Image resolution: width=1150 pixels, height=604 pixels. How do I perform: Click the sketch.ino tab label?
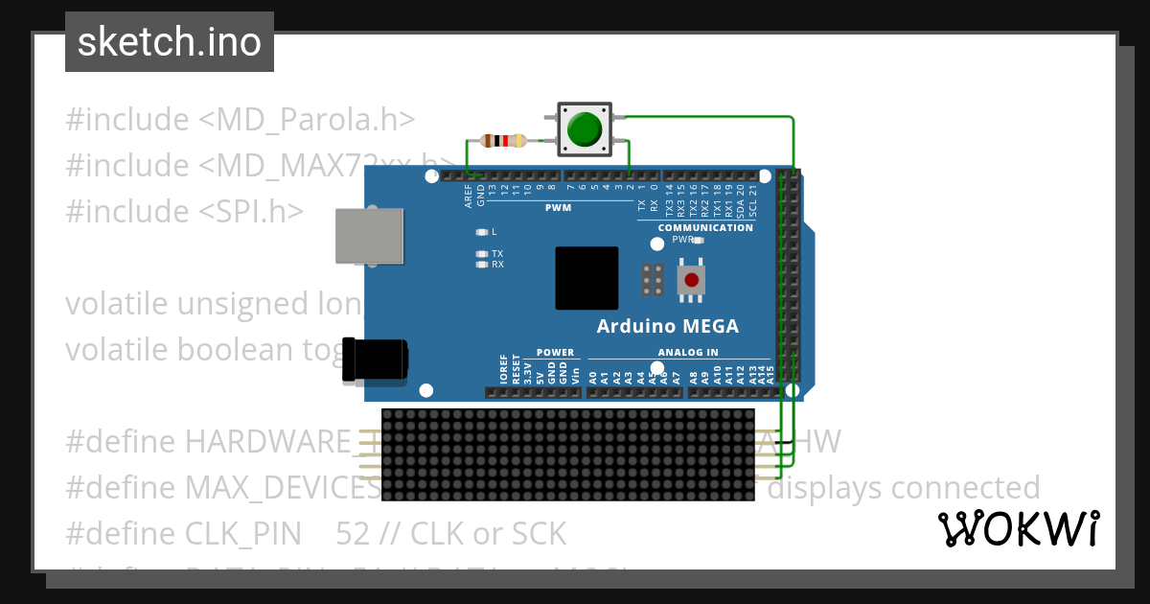(x=170, y=42)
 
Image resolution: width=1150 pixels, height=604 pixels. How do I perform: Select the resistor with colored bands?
(x=503, y=141)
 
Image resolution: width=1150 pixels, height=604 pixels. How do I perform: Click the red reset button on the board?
(x=691, y=280)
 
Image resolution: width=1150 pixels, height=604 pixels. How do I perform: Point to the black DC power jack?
(x=375, y=359)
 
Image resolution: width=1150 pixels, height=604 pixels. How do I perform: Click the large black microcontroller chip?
(x=586, y=278)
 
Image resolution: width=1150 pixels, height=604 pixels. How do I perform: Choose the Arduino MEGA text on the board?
(x=668, y=326)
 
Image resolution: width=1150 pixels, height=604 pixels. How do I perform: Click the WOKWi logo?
(x=1019, y=528)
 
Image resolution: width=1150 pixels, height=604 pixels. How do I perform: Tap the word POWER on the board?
(x=556, y=353)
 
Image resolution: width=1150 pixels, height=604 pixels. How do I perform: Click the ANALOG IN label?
(x=688, y=353)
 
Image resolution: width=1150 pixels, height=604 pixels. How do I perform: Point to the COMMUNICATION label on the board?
(x=705, y=228)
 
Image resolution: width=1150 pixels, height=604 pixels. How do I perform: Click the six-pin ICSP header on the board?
(x=654, y=280)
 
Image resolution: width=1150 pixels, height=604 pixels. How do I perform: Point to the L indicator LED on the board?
(x=482, y=232)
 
